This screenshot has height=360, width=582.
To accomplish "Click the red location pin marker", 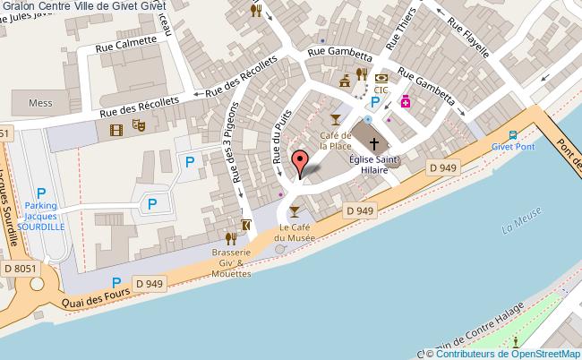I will [x=301, y=164].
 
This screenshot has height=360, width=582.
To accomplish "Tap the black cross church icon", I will [x=374, y=141].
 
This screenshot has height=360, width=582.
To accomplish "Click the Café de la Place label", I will [x=336, y=141].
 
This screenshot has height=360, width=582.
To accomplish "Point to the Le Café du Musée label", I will [x=295, y=233].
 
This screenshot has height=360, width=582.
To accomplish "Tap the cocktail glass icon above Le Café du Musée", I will [x=295, y=211].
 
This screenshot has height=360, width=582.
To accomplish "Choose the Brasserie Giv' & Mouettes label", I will [x=231, y=262].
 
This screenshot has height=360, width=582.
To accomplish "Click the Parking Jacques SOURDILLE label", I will [x=40, y=216].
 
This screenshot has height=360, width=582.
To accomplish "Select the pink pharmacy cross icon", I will [x=405, y=102].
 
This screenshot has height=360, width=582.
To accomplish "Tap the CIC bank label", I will [x=381, y=90].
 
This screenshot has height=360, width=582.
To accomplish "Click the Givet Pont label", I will [x=511, y=147].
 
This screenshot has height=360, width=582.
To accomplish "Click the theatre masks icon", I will [x=138, y=129].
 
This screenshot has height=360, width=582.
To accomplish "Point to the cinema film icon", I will [x=116, y=130].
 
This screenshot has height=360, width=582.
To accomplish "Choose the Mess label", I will [x=41, y=103].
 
